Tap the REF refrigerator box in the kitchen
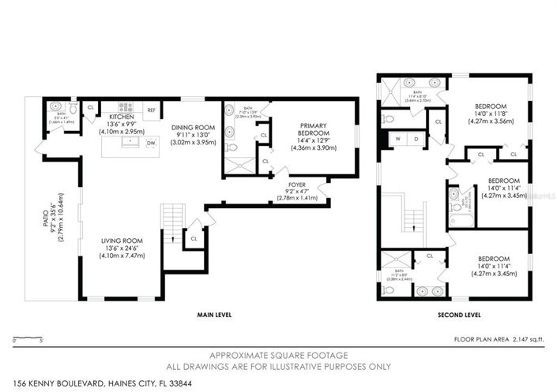coord(152,110)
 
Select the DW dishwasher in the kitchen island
coord(151,143)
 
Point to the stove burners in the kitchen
coord(126,106)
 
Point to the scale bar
coord(28,339)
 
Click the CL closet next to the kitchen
coord(91,108)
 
